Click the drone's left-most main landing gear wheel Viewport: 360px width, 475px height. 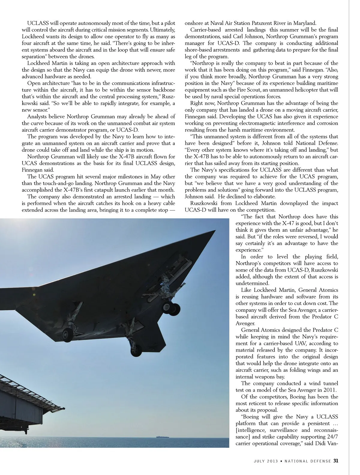67,334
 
